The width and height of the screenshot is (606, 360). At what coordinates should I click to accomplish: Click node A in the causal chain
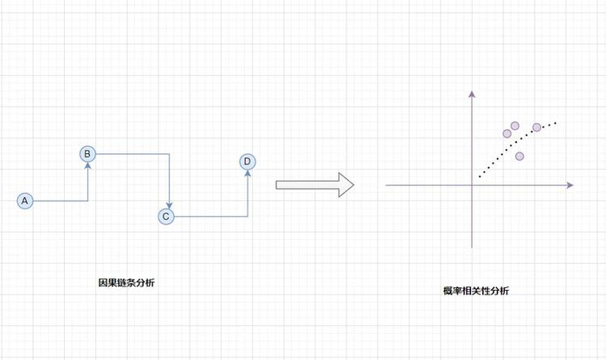24,201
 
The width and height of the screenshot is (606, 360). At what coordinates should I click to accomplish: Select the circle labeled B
87,154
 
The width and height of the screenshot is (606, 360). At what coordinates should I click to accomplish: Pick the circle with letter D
248,162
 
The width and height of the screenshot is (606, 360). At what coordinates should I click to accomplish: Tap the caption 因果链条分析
127,282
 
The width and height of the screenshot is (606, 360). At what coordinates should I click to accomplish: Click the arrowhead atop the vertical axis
472,96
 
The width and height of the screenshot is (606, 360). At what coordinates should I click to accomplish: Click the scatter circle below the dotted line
519,157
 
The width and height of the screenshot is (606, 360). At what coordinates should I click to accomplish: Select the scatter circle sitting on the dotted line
537,128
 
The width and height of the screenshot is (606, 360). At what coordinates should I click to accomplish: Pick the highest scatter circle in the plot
515,125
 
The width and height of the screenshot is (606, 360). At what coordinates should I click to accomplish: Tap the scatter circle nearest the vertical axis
507,134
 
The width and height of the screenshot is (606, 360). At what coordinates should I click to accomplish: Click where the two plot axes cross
472,184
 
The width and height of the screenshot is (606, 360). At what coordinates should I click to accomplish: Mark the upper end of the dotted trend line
556,122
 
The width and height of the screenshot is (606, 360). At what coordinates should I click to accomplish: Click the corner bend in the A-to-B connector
87,201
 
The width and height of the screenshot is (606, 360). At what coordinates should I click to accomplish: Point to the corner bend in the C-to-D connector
248,216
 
